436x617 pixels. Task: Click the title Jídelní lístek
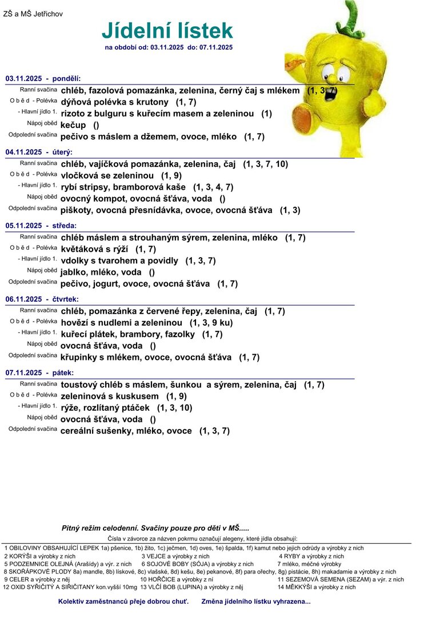(x=167, y=30)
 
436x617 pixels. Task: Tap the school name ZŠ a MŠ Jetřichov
(x=33, y=14)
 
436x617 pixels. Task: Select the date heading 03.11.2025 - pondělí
(x=43, y=78)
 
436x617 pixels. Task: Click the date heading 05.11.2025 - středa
(x=41, y=226)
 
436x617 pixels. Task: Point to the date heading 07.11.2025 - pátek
(x=39, y=372)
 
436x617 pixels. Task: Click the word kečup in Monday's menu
(x=73, y=125)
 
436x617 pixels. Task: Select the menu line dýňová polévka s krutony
(x=115, y=102)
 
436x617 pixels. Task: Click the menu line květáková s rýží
(x=94, y=249)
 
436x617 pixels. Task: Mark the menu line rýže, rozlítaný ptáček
(x=105, y=408)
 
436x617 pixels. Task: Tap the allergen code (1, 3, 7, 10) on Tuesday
(x=265, y=165)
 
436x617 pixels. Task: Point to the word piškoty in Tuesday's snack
(x=75, y=210)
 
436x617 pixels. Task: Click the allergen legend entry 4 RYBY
(x=311, y=556)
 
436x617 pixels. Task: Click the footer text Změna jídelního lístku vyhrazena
(x=256, y=601)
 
